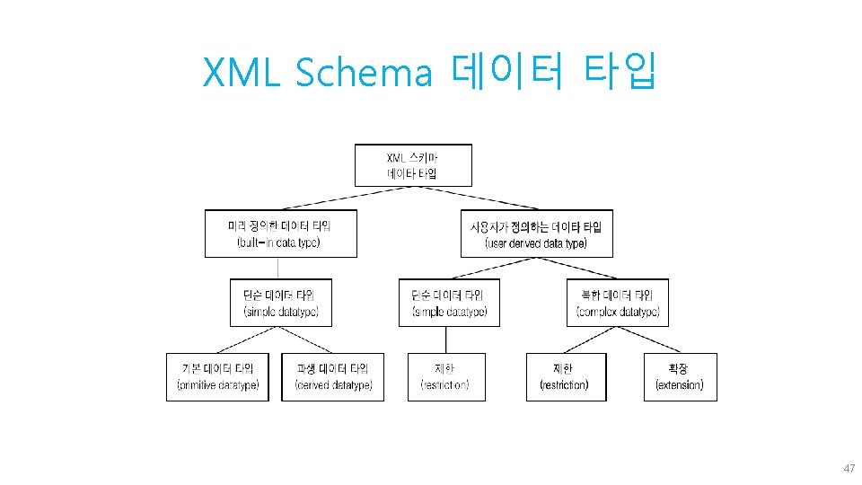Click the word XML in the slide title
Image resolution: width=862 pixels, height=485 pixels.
tap(242, 73)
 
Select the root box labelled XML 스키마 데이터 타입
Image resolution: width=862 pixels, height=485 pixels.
tap(413, 165)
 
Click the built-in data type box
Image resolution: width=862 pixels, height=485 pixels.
tap(280, 234)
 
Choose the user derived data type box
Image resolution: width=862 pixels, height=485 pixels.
tap(536, 234)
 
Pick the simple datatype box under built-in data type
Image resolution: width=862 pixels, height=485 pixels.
tap(280, 303)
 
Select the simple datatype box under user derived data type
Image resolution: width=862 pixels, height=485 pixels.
tap(449, 303)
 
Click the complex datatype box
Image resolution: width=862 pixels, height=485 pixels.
tap(618, 303)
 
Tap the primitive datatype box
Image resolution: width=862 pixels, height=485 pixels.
tap(217, 376)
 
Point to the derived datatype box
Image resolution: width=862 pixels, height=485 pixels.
tap(332, 376)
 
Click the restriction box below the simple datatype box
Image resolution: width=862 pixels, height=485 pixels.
tap(446, 376)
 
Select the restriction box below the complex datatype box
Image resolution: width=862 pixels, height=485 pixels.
tap(566, 376)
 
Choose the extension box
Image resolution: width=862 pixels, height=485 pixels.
tap(681, 376)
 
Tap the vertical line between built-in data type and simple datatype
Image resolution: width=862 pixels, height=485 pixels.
tap(277, 268)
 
